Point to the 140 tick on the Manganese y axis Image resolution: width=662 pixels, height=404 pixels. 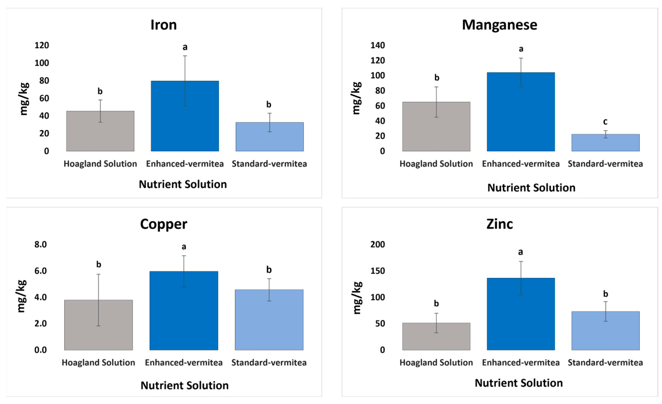click(x=378, y=45)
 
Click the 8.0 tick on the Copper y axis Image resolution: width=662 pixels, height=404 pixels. click(x=40, y=244)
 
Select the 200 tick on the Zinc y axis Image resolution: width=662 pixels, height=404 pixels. click(x=378, y=244)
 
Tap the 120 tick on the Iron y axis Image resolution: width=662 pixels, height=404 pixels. click(x=42, y=45)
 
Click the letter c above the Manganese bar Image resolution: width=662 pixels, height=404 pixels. click(x=605, y=122)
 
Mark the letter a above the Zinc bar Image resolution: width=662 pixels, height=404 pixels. click(x=520, y=252)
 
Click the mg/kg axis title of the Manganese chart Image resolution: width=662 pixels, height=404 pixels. click(x=356, y=98)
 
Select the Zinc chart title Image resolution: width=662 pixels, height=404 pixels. click(x=499, y=224)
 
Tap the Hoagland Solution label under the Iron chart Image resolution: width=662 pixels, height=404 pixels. click(x=100, y=164)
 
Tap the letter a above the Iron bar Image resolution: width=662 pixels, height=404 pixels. click(x=185, y=47)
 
